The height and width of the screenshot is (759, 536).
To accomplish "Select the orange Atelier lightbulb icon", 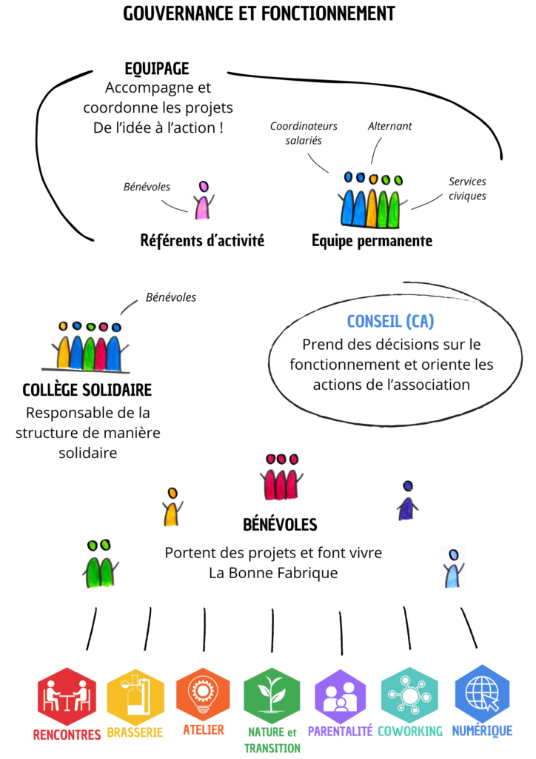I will (x=203, y=694).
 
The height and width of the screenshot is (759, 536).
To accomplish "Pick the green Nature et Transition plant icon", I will (x=272, y=695).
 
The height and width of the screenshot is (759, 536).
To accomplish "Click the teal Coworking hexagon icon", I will (x=409, y=695).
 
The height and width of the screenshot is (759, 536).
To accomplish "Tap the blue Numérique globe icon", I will (x=482, y=694).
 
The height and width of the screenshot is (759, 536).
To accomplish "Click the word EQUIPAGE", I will (x=157, y=69).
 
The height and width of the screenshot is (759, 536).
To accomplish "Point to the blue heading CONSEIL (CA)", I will (x=390, y=322).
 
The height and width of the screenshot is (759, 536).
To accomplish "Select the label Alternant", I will (x=389, y=126).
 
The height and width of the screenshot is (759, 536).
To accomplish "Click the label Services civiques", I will (x=468, y=188).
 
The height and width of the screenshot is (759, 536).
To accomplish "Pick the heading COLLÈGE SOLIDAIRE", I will (x=87, y=390).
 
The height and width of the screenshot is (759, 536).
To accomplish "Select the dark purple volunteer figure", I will (x=406, y=502).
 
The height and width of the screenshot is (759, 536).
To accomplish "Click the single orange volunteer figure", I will (x=172, y=508).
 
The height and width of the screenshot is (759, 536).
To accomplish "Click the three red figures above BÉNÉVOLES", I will (x=282, y=478).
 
